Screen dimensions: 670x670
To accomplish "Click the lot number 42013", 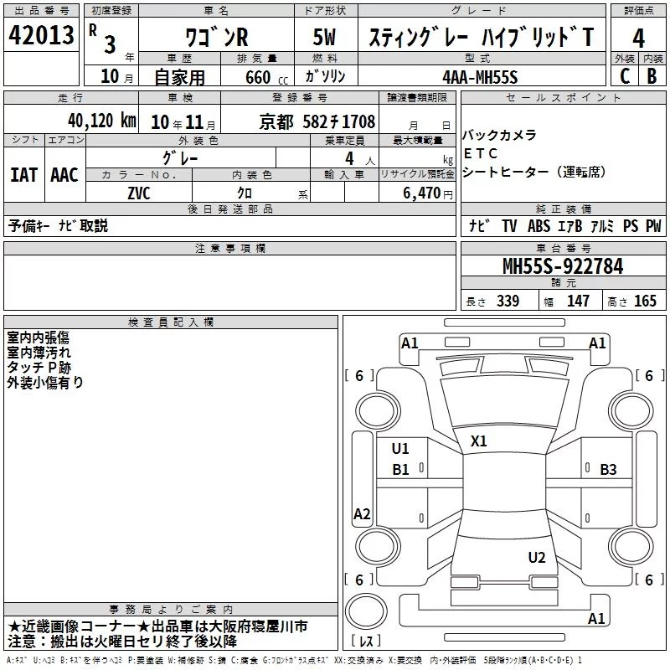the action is click(x=41, y=35).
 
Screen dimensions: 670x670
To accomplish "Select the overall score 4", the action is click(x=638, y=39).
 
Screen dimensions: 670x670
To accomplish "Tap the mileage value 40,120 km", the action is click(x=102, y=121).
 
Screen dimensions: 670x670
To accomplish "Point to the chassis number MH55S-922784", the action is click(x=563, y=266).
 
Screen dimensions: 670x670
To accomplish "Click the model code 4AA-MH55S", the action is click(x=480, y=77).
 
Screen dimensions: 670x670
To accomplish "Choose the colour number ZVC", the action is click(x=139, y=193).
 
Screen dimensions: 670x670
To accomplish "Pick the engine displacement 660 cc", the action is click(x=266, y=77).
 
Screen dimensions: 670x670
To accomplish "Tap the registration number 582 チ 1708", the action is click(x=339, y=121).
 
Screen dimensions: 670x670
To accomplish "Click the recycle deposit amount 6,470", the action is click(x=422, y=193).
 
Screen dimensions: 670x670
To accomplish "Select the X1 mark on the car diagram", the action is click(x=478, y=441).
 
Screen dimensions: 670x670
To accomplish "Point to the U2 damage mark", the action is click(x=537, y=558).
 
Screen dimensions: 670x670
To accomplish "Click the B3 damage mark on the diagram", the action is click(x=608, y=470).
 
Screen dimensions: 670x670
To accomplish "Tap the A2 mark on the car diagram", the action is click(x=362, y=513).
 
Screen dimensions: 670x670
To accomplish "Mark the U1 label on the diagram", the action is click(x=400, y=449).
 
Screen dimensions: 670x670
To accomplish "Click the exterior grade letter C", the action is click(x=625, y=76).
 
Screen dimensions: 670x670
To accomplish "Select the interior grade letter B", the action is click(x=652, y=76).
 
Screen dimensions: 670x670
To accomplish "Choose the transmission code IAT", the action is click(x=24, y=175).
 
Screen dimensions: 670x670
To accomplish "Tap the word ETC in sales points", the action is click(x=481, y=153).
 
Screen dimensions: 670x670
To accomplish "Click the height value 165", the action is click(x=645, y=301).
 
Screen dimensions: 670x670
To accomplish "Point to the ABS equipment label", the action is click(x=539, y=226).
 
